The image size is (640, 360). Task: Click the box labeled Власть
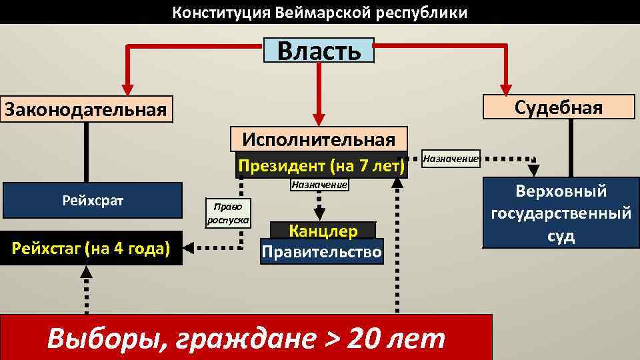(319, 50)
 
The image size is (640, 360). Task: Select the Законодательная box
(86, 109)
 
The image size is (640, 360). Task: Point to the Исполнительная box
(319, 139)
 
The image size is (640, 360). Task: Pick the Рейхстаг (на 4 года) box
(91, 248)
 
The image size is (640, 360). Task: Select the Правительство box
(323, 252)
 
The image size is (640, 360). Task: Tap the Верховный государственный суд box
(561, 213)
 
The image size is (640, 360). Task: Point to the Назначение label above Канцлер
(319, 185)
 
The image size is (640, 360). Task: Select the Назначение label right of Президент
(451, 159)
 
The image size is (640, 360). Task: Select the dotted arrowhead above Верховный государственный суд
(533, 171)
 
